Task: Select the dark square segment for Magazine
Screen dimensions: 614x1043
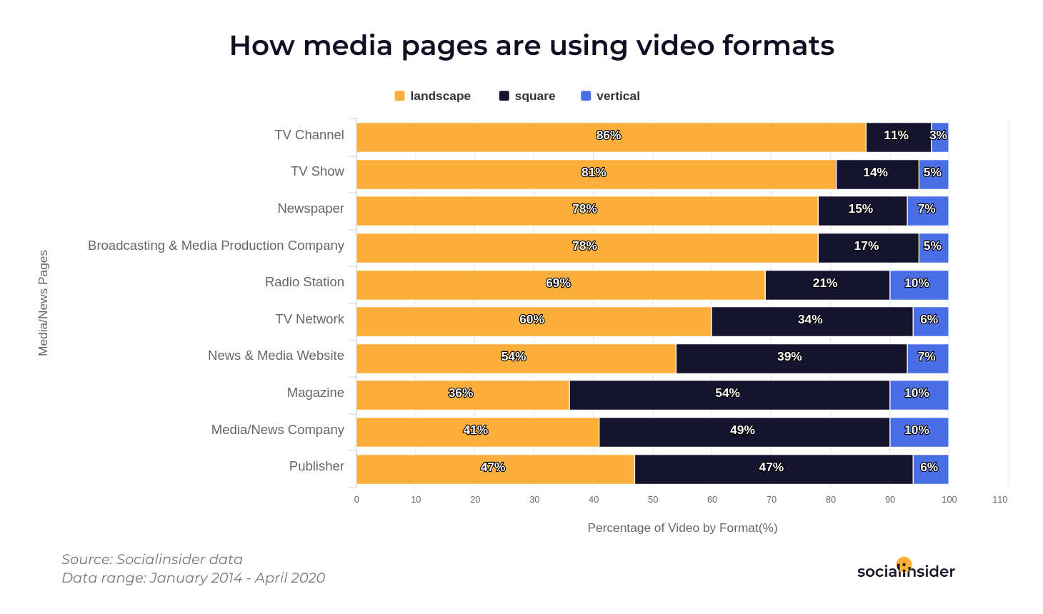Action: [729, 395]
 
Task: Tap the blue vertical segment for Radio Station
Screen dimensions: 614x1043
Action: [919, 285]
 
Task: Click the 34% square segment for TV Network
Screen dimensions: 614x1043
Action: [812, 321]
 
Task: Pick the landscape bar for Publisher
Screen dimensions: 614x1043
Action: [495, 469]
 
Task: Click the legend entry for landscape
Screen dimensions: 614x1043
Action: [432, 96]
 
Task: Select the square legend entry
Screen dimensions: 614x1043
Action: [527, 96]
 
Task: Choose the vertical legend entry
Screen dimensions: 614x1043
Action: [611, 96]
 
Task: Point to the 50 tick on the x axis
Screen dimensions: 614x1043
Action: [653, 500]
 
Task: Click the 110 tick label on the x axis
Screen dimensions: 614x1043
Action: [999, 500]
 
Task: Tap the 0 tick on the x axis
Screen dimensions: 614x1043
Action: [356, 500]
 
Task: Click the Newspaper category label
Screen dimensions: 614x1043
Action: [311, 208]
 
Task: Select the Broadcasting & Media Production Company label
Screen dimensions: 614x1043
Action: [216, 246]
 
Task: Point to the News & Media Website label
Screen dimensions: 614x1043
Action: [276, 356]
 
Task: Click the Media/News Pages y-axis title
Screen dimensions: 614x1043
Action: [44, 303]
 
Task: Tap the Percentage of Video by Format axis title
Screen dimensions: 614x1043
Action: [682, 528]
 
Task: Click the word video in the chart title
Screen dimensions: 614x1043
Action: [675, 46]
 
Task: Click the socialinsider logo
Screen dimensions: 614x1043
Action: [906, 570]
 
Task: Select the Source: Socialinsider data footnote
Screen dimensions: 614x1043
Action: [152, 559]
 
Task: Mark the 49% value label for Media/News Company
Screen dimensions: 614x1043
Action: [742, 430]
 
